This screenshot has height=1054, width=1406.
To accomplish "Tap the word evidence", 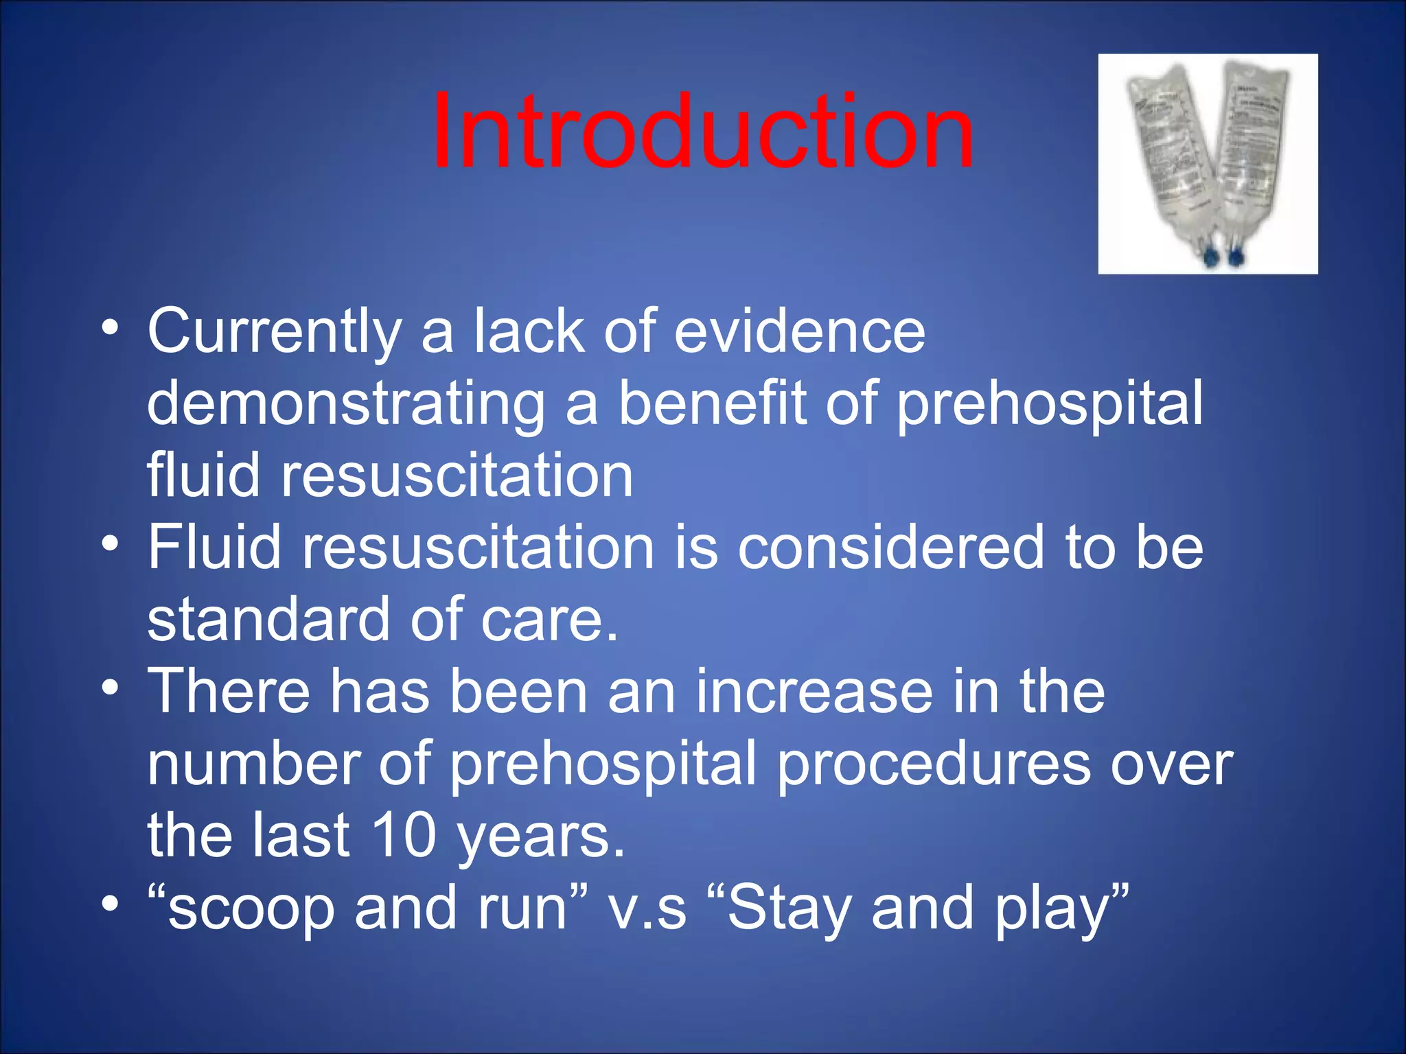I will point(799,331).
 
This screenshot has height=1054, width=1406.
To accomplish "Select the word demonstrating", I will point(345,405).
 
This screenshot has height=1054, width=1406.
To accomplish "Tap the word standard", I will point(268,619).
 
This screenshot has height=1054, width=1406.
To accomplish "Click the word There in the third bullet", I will point(229,691).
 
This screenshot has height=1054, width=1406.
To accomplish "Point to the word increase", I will point(814,692).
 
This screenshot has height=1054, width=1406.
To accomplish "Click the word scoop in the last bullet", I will point(251,909).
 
